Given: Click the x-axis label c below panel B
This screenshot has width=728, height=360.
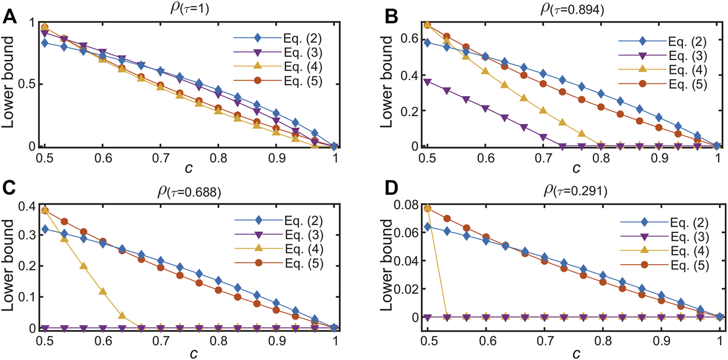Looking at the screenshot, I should pyautogui.click(x=577, y=169).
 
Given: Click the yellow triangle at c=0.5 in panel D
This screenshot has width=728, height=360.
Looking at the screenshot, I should pyautogui.click(x=428, y=209).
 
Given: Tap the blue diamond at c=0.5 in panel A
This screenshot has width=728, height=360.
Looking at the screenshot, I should pyautogui.click(x=45, y=43).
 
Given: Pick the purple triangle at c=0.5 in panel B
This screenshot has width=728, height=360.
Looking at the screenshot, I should pyautogui.click(x=428, y=82).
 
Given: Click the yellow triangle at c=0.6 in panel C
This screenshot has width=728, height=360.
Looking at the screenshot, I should pyautogui.click(x=103, y=292).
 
